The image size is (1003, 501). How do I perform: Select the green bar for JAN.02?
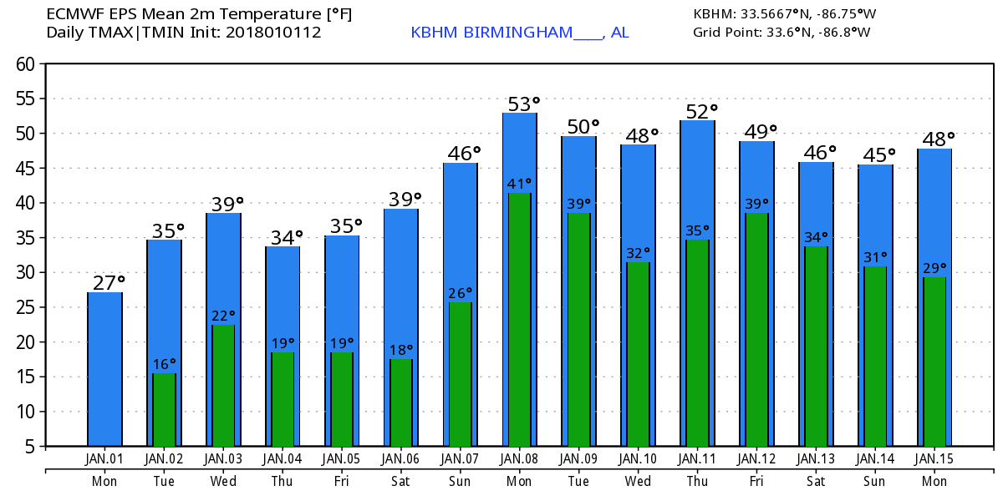164,409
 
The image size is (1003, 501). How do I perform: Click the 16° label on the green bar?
165,364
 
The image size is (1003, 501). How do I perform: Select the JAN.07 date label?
460,459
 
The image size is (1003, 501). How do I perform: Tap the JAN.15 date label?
934,459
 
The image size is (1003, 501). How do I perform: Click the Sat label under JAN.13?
816,481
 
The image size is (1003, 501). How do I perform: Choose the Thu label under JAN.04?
283,481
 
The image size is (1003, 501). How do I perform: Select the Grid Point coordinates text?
782,33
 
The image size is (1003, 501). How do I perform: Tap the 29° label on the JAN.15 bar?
935,268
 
